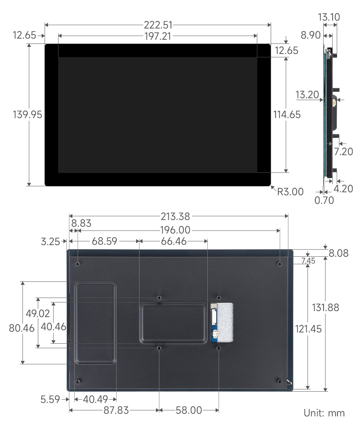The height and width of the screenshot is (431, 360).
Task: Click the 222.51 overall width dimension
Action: click(158, 25)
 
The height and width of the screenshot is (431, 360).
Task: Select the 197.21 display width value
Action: click(158, 36)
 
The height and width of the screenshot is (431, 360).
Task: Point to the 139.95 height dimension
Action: click(27, 115)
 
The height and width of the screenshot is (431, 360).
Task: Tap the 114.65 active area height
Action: click(287, 115)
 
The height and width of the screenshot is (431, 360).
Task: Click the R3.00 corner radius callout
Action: click(290, 192)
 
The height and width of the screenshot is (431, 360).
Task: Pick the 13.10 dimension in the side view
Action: click(329, 17)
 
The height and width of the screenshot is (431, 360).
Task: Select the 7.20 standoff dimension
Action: click(343, 151)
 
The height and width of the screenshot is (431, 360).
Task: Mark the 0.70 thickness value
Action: click(324, 200)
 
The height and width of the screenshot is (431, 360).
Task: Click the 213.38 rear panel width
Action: click(175, 216)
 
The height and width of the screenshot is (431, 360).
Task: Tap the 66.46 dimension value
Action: click(174, 241)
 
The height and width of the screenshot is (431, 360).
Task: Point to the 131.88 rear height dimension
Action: click(325, 307)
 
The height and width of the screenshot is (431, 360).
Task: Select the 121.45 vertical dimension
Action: click(308, 329)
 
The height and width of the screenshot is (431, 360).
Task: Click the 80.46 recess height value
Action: click(22, 328)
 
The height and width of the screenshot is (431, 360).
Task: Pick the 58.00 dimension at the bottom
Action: click(189, 410)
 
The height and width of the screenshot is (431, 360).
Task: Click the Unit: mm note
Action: click(324, 413)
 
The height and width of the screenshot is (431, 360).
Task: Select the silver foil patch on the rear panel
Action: click(225, 323)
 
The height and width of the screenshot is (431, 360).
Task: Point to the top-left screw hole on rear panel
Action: click(78, 264)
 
